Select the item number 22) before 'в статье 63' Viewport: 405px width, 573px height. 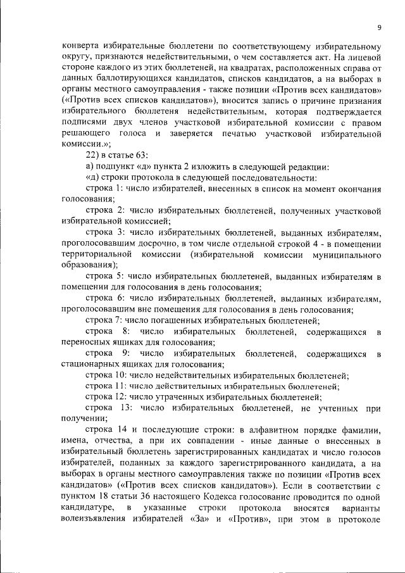(x=94, y=155)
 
